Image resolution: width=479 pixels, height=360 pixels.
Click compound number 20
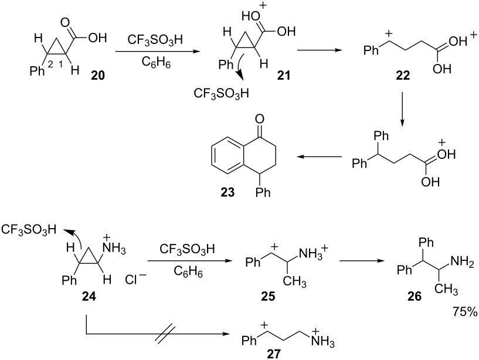(x=98, y=75)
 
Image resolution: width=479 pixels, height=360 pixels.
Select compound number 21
(x=284, y=75)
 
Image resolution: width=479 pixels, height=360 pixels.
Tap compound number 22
(x=402, y=75)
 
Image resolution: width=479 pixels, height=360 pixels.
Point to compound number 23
(x=227, y=192)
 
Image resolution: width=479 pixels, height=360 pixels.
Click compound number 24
(x=89, y=296)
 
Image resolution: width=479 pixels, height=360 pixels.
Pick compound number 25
(x=268, y=296)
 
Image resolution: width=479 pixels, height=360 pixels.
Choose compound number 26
(x=415, y=296)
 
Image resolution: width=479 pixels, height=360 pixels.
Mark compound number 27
(x=273, y=354)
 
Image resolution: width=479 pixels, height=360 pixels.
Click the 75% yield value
(x=464, y=312)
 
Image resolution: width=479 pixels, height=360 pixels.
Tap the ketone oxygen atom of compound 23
(x=259, y=119)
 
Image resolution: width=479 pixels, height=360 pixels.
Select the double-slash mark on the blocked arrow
(x=165, y=334)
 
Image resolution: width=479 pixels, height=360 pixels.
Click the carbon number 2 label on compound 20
(x=50, y=63)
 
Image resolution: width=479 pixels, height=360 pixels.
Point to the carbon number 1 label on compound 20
(x=60, y=63)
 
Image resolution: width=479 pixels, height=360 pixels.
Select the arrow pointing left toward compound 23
(x=319, y=157)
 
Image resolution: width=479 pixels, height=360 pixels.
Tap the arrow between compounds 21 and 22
(x=320, y=50)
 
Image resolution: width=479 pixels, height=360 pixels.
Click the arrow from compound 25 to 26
(x=362, y=261)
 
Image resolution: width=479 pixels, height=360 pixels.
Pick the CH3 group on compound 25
(x=294, y=281)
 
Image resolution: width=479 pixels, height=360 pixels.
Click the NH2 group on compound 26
(x=463, y=261)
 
